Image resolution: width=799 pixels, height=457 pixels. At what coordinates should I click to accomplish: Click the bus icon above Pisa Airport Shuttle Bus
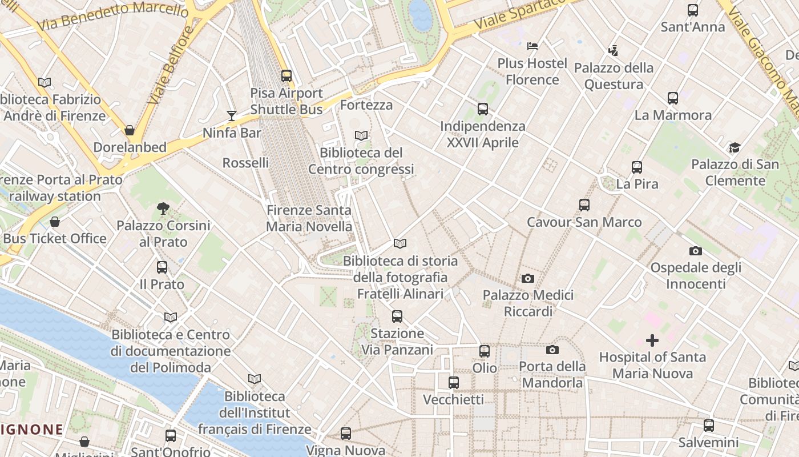click(286, 75)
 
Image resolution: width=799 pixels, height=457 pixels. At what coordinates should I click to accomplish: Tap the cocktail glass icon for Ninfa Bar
click(231, 116)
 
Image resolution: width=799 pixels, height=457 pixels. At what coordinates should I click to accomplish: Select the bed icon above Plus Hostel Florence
click(532, 46)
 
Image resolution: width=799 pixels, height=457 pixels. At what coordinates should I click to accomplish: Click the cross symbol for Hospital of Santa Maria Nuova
click(652, 341)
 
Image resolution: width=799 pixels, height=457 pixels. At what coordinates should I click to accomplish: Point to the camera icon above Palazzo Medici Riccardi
click(528, 279)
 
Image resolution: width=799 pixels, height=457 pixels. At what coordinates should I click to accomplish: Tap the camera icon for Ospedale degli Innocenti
click(695, 251)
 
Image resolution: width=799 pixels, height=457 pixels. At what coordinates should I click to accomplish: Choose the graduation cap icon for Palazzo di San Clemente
click(735, 148)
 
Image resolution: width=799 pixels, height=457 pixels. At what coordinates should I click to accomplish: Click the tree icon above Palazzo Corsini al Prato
click(163, 209)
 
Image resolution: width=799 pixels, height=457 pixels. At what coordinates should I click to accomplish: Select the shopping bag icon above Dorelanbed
click(130, 130)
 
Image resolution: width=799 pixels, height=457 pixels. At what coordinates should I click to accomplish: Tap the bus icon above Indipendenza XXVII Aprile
click(483, 109)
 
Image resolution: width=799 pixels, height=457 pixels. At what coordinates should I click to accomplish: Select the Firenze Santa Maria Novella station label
click(309, 218)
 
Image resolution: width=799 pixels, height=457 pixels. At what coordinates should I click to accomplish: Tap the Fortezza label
click(366, 105)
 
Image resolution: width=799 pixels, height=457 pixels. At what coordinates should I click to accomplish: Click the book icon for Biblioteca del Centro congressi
click(361, 136)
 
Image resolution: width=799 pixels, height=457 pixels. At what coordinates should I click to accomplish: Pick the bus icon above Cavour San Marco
click(584, 205)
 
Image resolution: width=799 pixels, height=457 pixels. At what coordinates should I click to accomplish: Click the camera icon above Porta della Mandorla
click(552, 350)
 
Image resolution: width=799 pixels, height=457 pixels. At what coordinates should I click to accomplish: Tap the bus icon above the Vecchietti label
click(454, 383)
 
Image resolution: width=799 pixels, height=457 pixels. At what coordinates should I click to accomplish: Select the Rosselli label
click(245, 163)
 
